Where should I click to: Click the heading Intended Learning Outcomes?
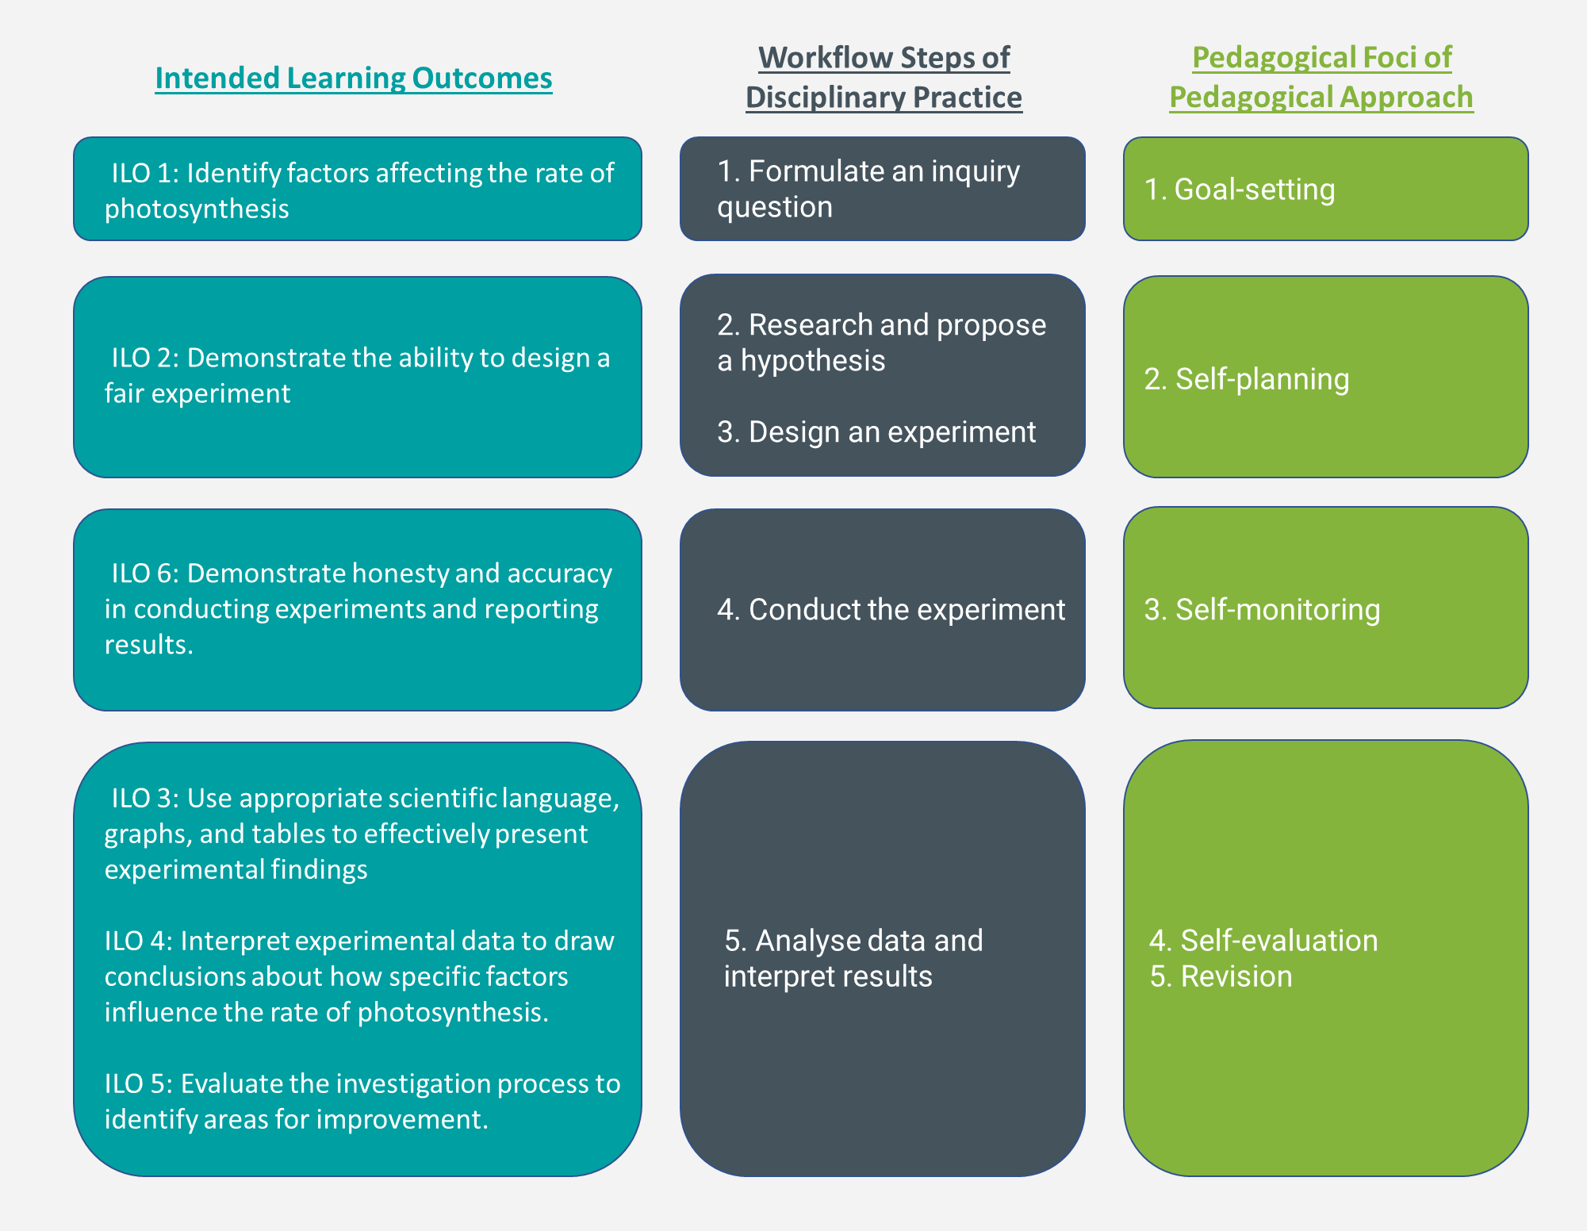pos(353,78)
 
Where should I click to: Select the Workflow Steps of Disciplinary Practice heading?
pos(884,77)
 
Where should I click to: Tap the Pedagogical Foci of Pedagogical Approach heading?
pos(1321,77)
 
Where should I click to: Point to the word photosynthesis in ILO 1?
pos(197,209)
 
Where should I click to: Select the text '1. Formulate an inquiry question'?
pos(868,189)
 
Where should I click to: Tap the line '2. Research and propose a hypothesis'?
pos(881,342)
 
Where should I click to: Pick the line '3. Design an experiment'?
pos(876,431)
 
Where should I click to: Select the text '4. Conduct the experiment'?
pos(891,609)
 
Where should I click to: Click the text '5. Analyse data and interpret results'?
pos(853,958)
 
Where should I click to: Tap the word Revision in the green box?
pos(1236,976)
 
